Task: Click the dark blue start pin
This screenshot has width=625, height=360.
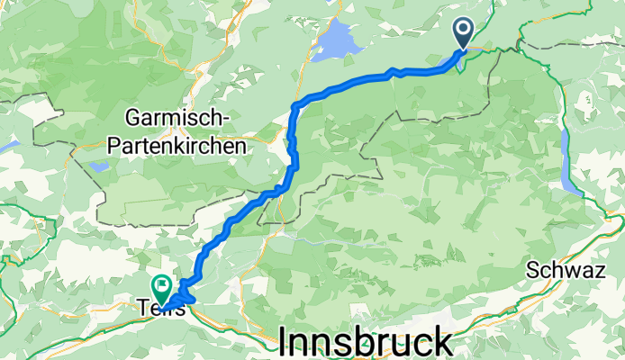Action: pyautogui.click(x=465, y=33)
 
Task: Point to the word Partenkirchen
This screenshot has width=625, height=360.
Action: pyautogui.click(x=186, y=144)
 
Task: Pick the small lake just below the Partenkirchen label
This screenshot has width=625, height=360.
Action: pyautogui.click(x=97, y=166)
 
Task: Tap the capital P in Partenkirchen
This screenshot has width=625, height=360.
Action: pyautogui.click(x=132, y=144)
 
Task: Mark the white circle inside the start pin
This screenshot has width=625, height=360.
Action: pyautogui.click(x=465, y=29)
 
